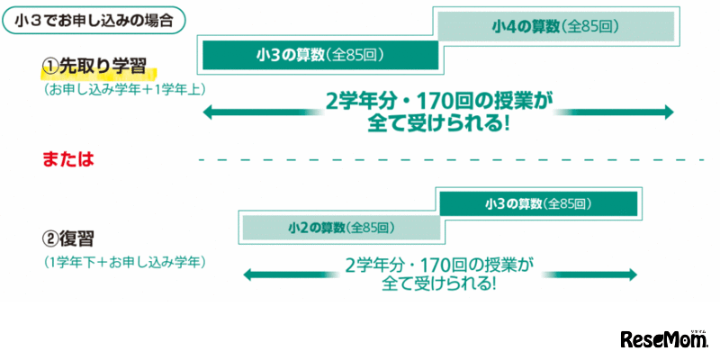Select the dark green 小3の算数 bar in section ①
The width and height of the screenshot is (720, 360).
[319, 56]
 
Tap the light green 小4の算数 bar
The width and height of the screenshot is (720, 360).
[555, 26]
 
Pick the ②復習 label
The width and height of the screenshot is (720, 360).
[69, 238]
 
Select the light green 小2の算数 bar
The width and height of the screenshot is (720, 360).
[340, 227]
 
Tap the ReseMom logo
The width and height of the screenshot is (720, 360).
[665, 338]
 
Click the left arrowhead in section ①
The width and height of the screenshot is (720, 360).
[209, 112]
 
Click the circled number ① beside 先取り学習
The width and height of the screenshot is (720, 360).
[50, 68]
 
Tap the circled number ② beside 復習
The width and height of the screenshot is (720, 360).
[50, 238]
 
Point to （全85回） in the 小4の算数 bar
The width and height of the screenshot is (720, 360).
[591, 26]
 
